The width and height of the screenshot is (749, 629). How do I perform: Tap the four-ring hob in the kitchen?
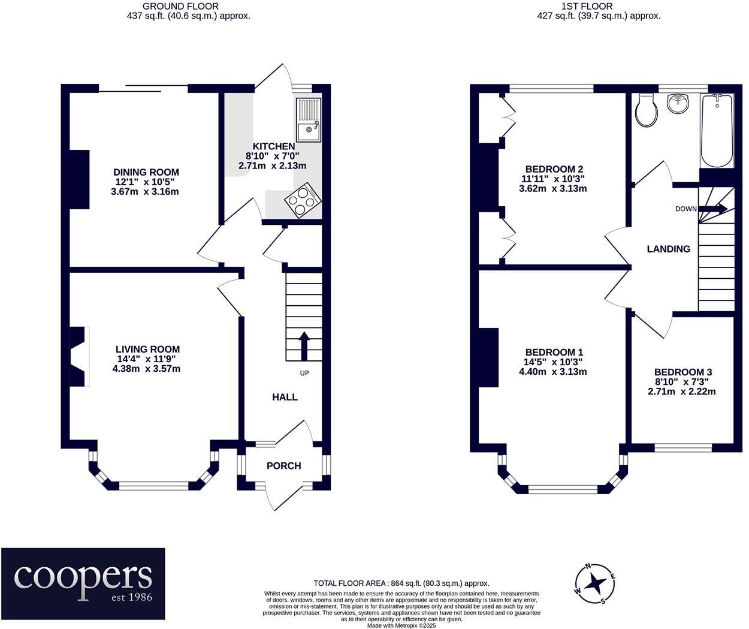303,200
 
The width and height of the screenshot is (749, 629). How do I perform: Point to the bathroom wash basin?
678,104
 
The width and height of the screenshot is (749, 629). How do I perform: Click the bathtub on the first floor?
717,131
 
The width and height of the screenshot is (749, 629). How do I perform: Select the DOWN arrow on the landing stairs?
713,209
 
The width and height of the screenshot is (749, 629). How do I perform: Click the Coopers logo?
83,583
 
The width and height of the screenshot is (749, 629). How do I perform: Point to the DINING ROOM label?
146,172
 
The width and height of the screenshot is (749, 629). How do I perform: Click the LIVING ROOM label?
147,349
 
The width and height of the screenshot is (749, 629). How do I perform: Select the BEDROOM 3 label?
683,372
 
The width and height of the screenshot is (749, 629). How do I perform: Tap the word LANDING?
668,249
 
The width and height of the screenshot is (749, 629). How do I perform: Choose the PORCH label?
283,466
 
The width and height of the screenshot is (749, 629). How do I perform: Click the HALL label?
285,397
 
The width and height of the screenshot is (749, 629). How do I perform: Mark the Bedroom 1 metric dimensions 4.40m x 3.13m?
552,372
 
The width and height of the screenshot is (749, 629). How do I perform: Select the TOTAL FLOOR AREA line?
401,583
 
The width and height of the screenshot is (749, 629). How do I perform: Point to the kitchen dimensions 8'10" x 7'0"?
273,156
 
